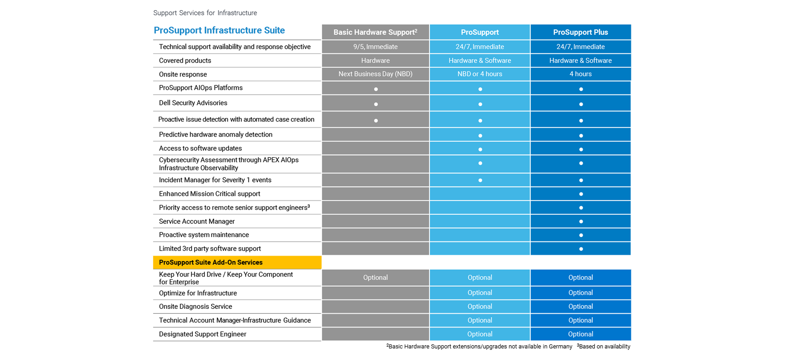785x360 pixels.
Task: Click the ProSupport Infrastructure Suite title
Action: (219, 30)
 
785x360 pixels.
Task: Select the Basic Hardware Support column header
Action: (375, 32)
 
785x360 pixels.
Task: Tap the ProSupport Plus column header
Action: (580, 32)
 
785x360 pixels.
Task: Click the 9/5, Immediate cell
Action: (375, 47)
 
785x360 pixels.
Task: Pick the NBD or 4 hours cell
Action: (479, 74)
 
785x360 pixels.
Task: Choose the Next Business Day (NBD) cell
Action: (375, 74)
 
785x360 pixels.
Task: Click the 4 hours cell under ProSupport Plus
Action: (580, 74)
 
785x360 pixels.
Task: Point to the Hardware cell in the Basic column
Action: (375, 60)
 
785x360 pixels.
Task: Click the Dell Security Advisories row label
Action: (193, 103)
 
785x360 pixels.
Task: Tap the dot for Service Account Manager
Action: (581, 221)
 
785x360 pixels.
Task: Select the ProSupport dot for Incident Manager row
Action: (480, 180)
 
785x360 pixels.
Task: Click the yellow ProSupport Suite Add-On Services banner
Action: (237, 262)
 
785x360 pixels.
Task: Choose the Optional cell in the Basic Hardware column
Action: (375, 277)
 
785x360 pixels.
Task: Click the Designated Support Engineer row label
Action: (202, 334)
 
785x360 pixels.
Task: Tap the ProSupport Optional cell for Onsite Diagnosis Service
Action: (479, 306)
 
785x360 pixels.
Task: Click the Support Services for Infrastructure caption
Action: (205, 13)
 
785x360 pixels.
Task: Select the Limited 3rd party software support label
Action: (210, 249)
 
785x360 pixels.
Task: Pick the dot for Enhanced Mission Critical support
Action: (581, 194)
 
